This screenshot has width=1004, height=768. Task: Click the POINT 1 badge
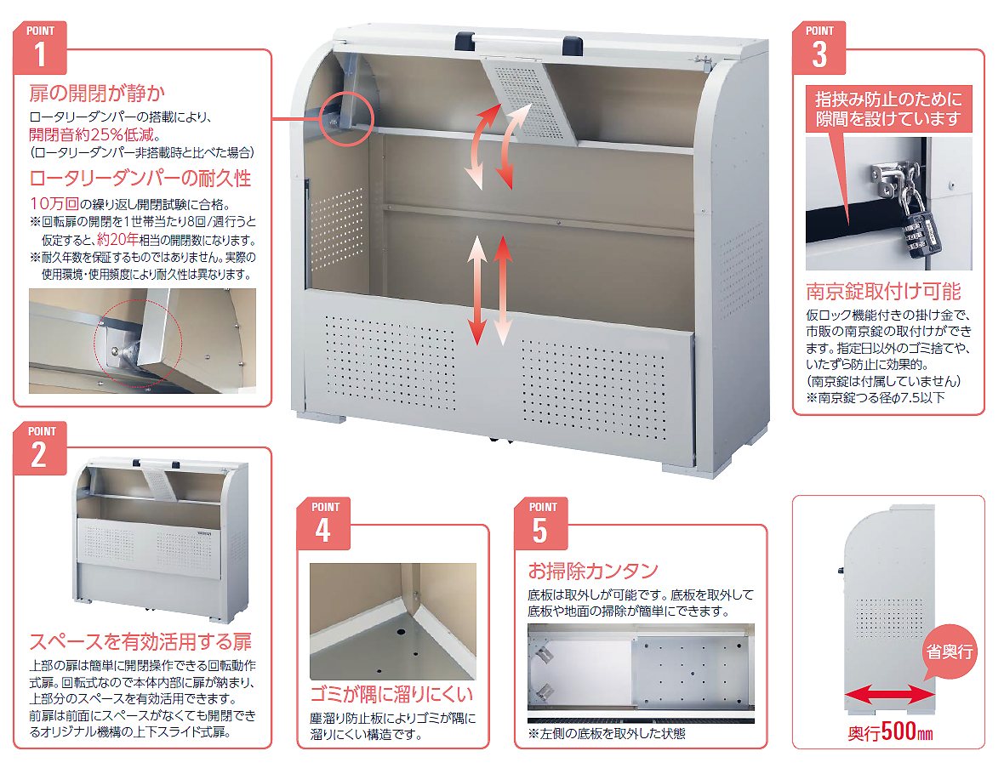pos(40,48)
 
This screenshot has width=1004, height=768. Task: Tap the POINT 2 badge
pos(40,449)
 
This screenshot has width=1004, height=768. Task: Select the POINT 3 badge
pos(819,48)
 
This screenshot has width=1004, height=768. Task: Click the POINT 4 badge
pos(323,524)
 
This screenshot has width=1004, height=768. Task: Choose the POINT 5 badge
pos(541,524)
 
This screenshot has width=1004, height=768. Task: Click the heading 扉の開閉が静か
pos(97,94)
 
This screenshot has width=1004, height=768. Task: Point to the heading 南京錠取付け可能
pos(884,292)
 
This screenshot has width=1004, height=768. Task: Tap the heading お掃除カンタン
pos(593,570)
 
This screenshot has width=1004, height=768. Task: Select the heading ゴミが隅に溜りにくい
pos(392,694)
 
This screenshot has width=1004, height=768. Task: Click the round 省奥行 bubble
pos(950,651)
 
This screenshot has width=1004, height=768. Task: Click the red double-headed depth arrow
pos(889,694)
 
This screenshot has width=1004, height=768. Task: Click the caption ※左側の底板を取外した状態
pos(607,733)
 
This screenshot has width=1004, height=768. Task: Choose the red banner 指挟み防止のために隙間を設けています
pos(889,109)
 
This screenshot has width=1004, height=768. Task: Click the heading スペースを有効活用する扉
pos(140,642)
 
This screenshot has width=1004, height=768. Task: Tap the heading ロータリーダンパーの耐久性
pos(140,178)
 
